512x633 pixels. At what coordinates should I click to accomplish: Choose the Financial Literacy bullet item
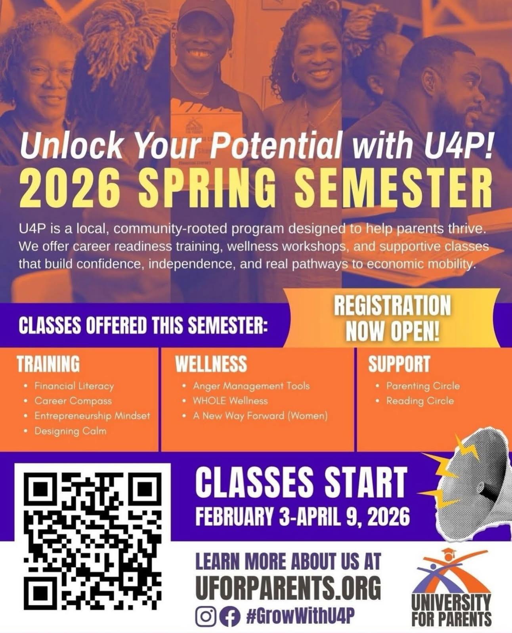coord(74,386)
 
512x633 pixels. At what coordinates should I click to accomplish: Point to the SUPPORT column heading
coord(399,364)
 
